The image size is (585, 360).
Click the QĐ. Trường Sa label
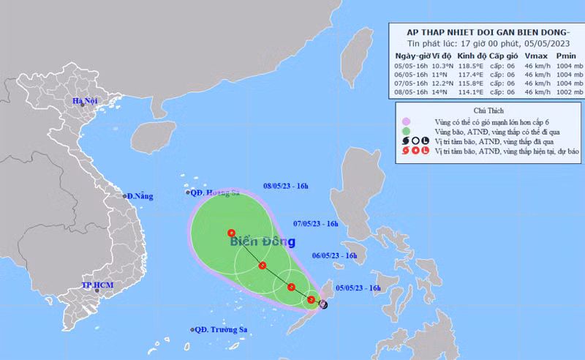[x=219, y=330]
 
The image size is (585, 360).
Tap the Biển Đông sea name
[x=262, y=241]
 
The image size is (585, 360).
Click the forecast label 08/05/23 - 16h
[x=288, y=187]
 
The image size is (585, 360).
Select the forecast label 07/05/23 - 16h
[x=316, y=223]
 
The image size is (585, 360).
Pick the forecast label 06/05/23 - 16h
[x=334, y=255]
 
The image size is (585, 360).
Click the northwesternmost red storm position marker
[x=232, y=233]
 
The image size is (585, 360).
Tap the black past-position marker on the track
[x=323, y=302]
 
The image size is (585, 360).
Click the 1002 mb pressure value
[x=565, y=92]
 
